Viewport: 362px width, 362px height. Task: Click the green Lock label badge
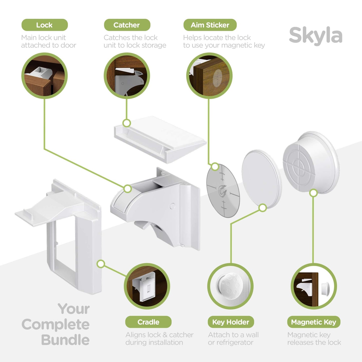[x=45, y=25]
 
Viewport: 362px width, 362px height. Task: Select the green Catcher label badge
[x=127, y=25]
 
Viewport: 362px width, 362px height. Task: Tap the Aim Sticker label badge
[x=210, y=25]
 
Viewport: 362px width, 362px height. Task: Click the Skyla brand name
[x=315, y=36]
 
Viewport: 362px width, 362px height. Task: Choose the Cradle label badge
[x=148, y=322]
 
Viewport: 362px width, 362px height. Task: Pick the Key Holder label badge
[x=231, y=322]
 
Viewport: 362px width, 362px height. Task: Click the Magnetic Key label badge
[x=314, y=322]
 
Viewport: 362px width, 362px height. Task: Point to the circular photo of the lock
[x=45, y=75]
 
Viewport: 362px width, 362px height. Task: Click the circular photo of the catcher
[x=127, y=75]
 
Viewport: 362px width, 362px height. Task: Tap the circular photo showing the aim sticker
[x=209, y=75]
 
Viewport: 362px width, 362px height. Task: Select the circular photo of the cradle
[x=147, y=286]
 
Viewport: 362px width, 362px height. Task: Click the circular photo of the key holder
[x=230, y=286]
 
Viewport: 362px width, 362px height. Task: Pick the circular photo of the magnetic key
[x=314, y=286]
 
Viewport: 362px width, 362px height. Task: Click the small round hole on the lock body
[x=172, y=206]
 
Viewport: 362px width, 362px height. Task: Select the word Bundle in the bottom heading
[x=65, y=340]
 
